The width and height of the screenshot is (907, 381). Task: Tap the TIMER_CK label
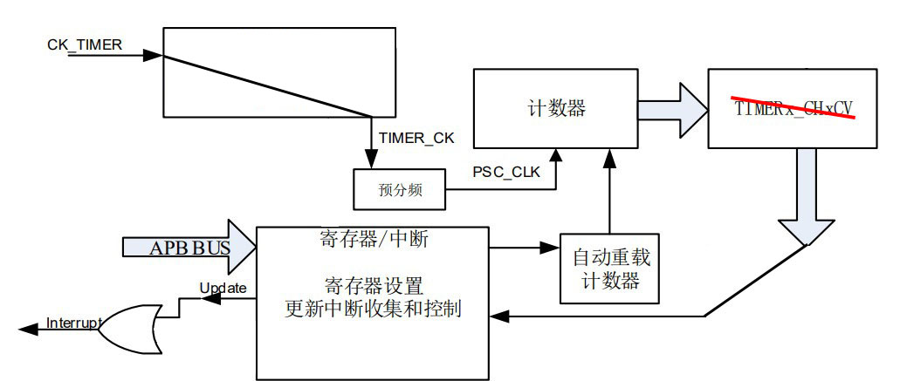[416, 137]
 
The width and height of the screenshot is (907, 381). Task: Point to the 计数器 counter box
[555, 109]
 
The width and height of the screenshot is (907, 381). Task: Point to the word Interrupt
[74, 325]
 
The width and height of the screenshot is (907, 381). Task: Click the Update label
[223, 288]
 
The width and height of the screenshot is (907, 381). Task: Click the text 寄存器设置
[373, 284]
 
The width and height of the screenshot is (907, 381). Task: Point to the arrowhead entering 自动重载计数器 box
[553, 248]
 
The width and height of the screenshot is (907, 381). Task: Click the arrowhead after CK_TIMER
[153, 55]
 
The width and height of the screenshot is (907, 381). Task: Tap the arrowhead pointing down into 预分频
[371, 160]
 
